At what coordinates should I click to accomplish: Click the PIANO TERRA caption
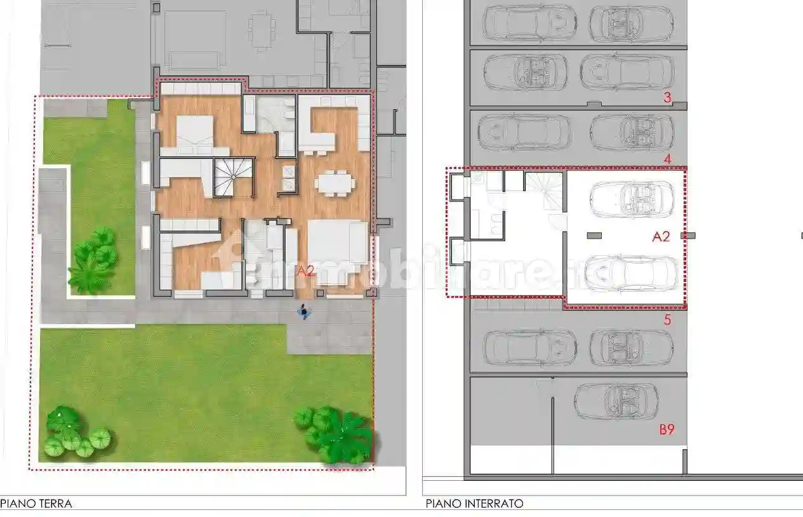[x=37, y=504]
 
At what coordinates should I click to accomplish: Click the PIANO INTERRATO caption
[x=475, y=504]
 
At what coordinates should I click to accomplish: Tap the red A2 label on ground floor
[x=306, y=271]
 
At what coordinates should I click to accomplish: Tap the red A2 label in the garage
[x=661, y=236]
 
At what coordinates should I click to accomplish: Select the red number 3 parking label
[x=667, y=98]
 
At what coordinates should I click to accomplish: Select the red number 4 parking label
[x=667, y=159]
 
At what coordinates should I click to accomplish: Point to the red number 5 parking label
[x=667, y=320]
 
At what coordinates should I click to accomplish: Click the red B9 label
[x=666, y=430]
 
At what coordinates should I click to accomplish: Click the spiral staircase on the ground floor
[x=233, y=176]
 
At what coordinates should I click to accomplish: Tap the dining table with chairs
[x=335, y=183]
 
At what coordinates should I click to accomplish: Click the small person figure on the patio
[x=305, y=312]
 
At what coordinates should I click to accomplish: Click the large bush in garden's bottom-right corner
[x=335, y=435]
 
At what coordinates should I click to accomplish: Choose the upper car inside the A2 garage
[x=632, y=199]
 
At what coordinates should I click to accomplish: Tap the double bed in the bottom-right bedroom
[x=337, y=252]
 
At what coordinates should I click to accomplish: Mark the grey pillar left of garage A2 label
[x=594, y=236]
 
